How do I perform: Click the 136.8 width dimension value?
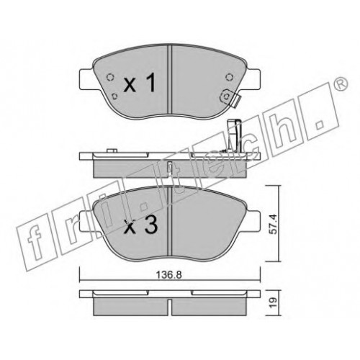click(x=169, y=275)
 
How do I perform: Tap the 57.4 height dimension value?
click(x=273, y=224)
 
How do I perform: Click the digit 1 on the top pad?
click(x=151, y=83)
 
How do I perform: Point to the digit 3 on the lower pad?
click(x=150, y=224)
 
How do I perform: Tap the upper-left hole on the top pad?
click(x=110, y=77)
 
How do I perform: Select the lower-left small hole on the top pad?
click(x=114, y=96)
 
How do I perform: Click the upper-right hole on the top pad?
click(x=230, y=77)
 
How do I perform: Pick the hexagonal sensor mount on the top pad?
click(x=226, y=96)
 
